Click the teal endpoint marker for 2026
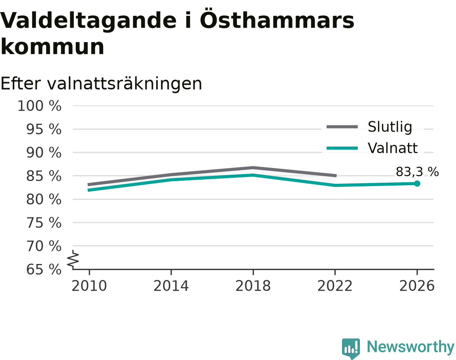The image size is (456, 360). pyautogui.click(x=417, y=183)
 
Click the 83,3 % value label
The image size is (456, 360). pyautogui.click(x=417, y=172)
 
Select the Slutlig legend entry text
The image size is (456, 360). pyautogui.click(x=390, y=127)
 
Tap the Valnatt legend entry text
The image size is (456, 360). pyautogui.click(x=393, y=148)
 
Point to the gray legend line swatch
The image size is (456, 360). pyautogui.click(x=342, y=127)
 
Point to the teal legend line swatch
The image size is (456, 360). pyautogui.click(x=342, y=148)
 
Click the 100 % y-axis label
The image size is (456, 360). pyautogui.click(x=39, y=106)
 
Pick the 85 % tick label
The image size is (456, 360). pyautogui.click(x=43, y=176)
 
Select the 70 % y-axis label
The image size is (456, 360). pyautogui.click(x=43, y=246)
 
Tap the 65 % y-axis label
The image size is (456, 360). pyautogui.click(x=43, y=270)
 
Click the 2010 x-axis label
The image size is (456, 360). pyautogui.click(x=89, y=286)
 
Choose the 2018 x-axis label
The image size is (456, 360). pyautogui.click(x=253, y=286)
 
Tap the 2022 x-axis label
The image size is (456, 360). pyautogui.click(x=335, y=286)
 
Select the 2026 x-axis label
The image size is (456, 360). pyautogui.click(x=417, y=286)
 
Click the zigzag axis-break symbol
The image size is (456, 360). pyautogui.click(x=73, y=258)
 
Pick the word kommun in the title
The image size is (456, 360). pyautogui.click(x=52, y=46)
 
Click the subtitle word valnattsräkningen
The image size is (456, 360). pyautogui.click(x=124, y=84)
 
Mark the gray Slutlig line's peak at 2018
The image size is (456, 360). pyautogui.click(x=253, y=168)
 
